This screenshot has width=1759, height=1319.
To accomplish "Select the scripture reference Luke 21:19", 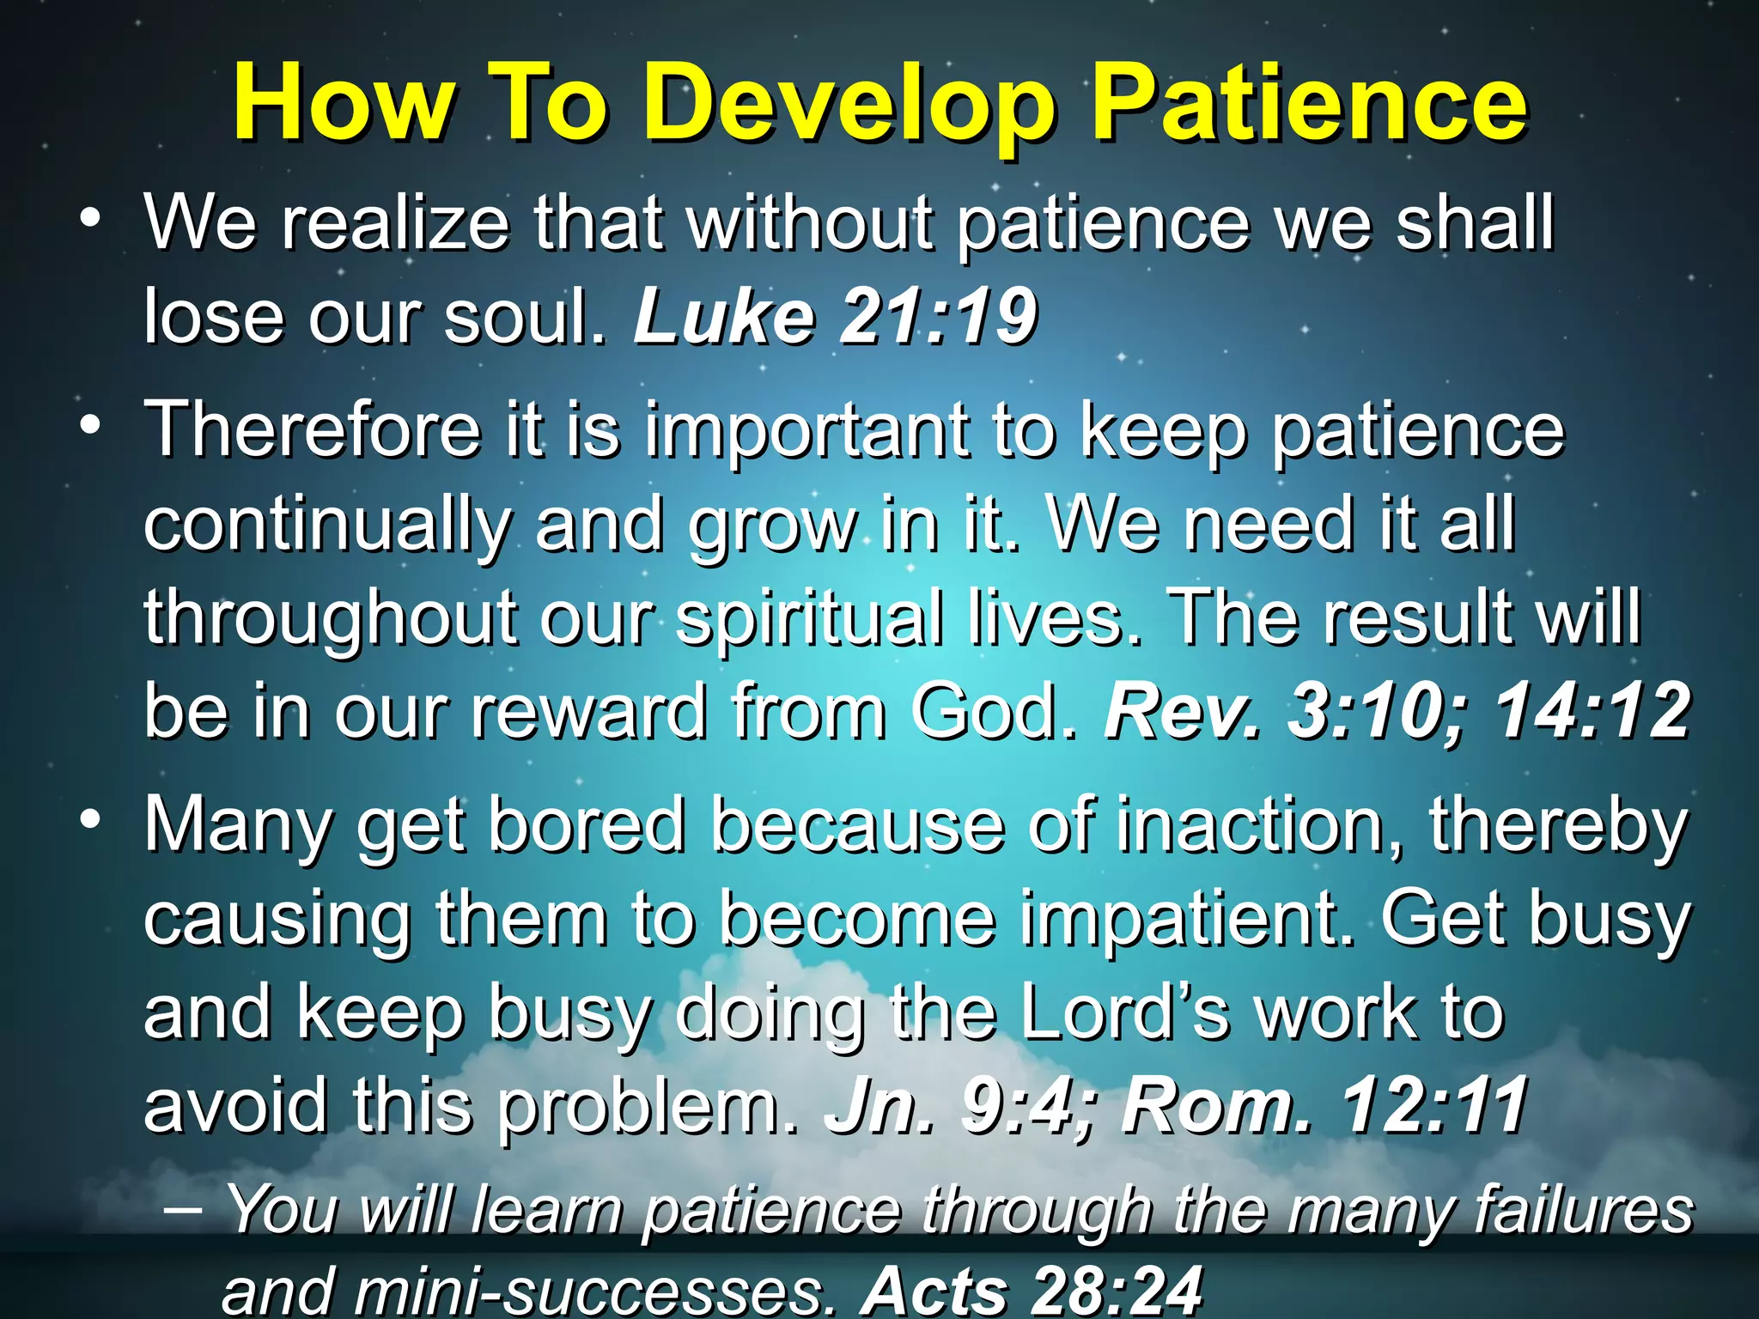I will pos(835,317).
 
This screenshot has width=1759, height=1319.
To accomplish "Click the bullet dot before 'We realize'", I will pos(88,220).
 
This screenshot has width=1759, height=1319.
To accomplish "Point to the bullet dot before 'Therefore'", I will pos(88,426).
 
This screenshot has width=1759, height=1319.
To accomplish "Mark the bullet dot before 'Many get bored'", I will pos(88,821).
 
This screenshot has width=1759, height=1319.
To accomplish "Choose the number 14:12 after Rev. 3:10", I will pos(1592,712).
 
